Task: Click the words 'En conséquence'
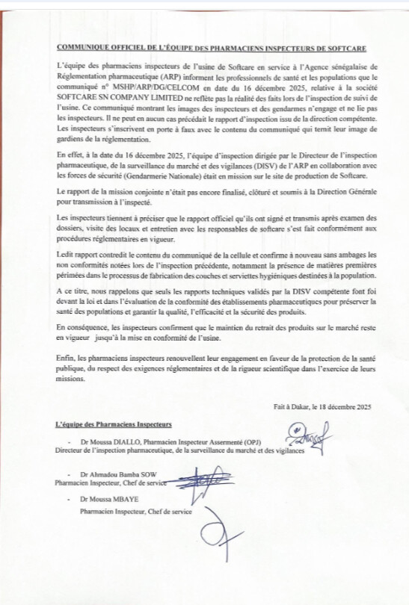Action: [81, 349]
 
